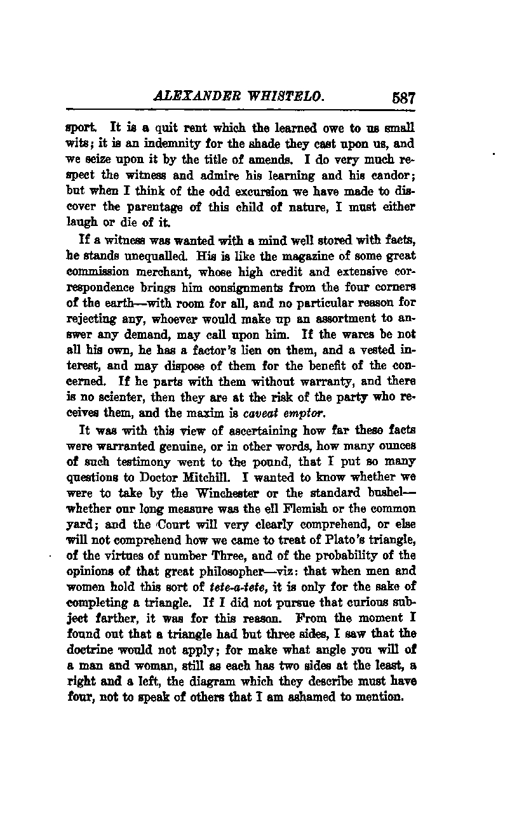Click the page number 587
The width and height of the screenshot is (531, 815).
point(403,98)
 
